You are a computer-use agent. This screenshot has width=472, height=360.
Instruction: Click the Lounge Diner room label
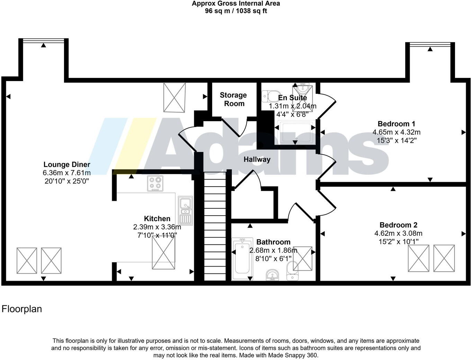tap(67, 164)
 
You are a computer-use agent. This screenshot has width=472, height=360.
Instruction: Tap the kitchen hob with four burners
tap(155, 183)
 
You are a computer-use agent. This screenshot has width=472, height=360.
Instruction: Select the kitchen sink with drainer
tap(185, 210)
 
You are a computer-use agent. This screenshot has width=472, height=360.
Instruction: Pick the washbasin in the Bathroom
tap(273, 275)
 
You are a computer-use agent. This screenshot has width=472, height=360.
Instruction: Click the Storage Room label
tap(234, 99)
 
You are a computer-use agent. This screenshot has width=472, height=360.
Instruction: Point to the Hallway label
tap(257, 159)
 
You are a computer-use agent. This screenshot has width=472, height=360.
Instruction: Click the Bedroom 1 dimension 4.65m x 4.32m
tap(396, 132)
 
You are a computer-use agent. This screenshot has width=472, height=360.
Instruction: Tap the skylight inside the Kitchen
tap(163, 252)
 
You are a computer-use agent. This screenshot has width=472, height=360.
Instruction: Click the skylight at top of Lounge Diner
tap(174, 97)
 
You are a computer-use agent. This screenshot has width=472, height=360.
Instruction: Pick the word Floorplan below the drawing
tap(22, 309)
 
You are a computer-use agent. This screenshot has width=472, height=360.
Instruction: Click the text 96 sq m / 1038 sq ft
tap(236, 11)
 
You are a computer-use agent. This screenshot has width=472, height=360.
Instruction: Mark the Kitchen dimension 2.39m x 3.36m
tap(157, 227)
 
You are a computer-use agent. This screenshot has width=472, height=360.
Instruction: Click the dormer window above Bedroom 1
tap(430, 44)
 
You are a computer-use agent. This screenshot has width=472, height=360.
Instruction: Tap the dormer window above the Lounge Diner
tap(43, 40)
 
